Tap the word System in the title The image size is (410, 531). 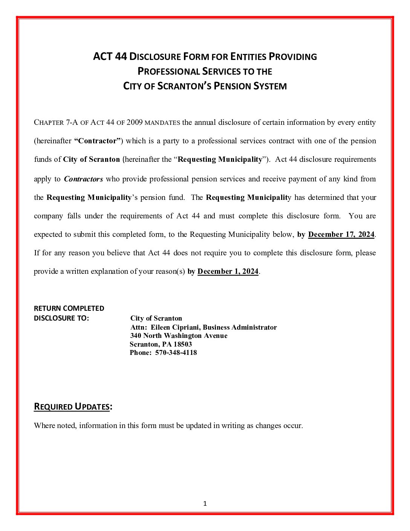(270, 86)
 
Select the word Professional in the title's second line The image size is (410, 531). (168, 71)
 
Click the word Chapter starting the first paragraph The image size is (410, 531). (49, 123)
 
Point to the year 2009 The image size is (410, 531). (135, 123)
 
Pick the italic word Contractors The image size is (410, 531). (83, 179)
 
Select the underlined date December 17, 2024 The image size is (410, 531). (341, 235)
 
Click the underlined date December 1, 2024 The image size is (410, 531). (228, 272)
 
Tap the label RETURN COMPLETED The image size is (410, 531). (69, 308)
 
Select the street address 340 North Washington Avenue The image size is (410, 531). (179, 336)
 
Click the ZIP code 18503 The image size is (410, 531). (182, 344)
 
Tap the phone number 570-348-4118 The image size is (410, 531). (176, 353)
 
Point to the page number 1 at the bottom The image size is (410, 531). (205, 503)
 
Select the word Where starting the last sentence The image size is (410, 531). (44, 426)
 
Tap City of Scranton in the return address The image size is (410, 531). (156, 318)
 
